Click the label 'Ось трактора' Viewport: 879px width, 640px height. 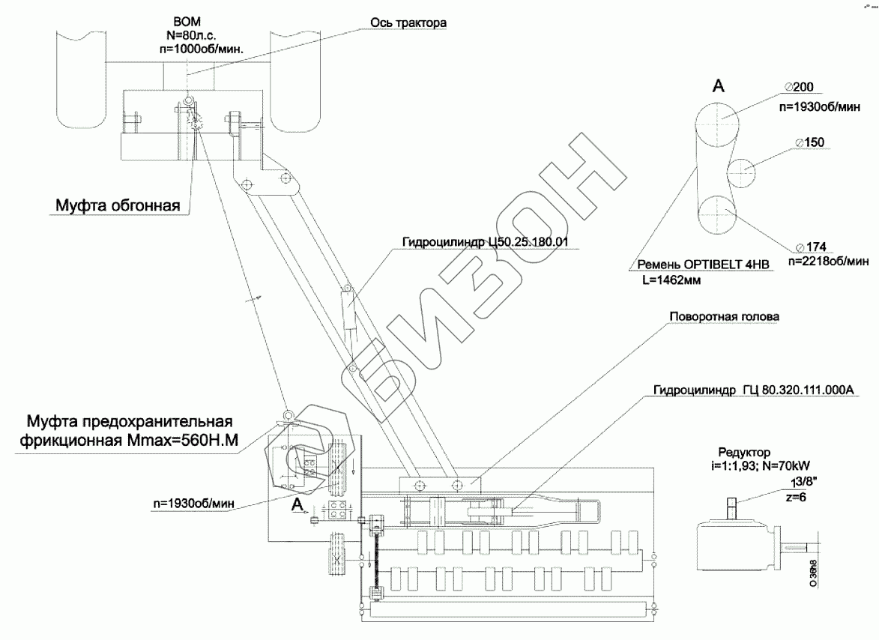click(408, 23)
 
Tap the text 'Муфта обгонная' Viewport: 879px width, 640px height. click(118, 205)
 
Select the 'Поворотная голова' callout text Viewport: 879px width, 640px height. click(725, 317)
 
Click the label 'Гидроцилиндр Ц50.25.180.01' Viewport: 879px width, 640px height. click(486, 242)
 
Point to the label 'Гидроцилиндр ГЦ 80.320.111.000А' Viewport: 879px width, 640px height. click(753, 390)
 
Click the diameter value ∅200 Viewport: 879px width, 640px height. click(800, 87)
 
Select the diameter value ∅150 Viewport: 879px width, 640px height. click(810, 142)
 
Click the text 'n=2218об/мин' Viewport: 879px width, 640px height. click(829, 261)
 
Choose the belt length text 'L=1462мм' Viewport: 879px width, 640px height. click(671, 280)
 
